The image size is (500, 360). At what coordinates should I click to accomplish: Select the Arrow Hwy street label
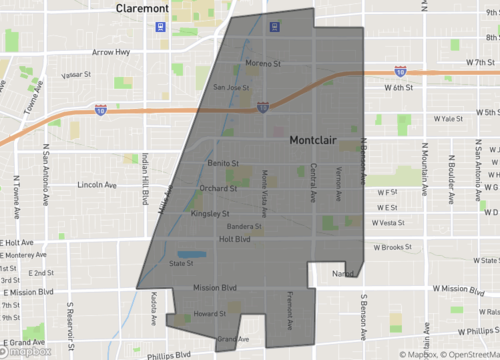pos(110,52)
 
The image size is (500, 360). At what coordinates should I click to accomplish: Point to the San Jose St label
pos(231,87)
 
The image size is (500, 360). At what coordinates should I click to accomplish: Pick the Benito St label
pos(224,162)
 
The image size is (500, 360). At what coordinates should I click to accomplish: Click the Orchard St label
pos(218,187)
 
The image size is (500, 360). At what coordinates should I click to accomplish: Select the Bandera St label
pos(245,226)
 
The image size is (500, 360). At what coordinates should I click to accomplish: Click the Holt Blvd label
pos(234,239)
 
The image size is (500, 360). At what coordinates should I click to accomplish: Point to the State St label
pos(181,264)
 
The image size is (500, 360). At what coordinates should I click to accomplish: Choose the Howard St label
pos(209,313)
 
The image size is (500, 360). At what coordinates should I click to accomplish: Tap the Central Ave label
pos(313,179)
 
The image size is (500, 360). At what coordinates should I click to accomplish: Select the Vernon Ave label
pos(339,180)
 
